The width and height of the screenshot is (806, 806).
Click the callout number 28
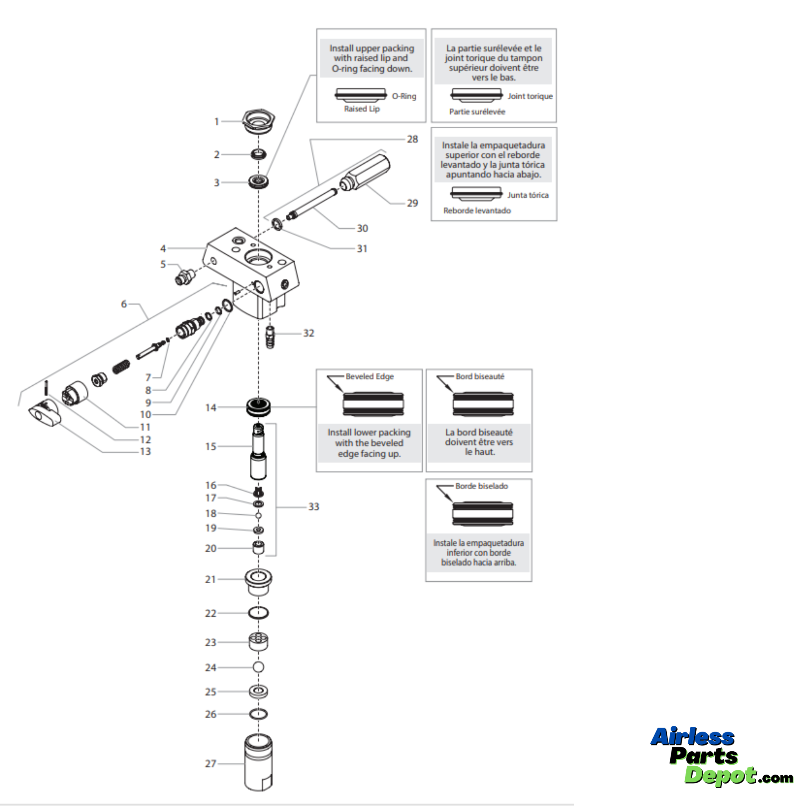click(x=412, y=139)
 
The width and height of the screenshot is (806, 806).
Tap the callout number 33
click(x=314, y=507)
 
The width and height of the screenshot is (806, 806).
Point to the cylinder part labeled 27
click(x=258, y=763)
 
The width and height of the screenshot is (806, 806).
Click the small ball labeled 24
click(x=258, y=667)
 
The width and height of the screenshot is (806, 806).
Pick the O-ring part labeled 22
click(x=258, y=613)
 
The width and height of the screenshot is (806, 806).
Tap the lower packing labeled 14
click(x=258, y=407)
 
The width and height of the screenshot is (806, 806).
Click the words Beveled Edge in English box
click(x=369, y=376)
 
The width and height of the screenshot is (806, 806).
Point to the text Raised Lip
click(x=362, y=109)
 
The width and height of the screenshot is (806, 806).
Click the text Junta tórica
click(x=528, y=195)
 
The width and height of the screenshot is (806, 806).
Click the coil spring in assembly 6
click(x=121, y=367)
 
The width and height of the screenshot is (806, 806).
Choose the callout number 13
click(x=145, y=451)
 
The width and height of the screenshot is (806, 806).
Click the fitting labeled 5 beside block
click(x=184, y=277)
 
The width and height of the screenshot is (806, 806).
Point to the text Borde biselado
click(x=481, y=486)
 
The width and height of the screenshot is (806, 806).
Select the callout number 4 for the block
click(x=163, y=249)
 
